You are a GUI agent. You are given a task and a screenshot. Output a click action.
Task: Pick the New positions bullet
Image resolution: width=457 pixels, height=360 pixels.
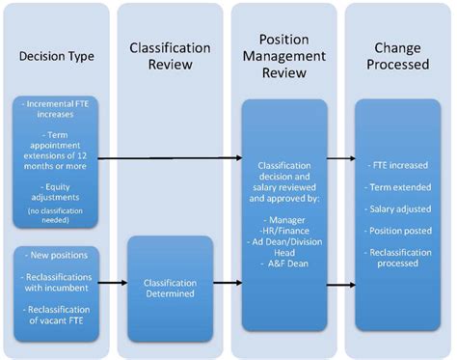[x=56, y=256]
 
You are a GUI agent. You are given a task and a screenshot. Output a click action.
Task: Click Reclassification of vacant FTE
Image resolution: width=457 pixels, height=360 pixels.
[x=56, y=315]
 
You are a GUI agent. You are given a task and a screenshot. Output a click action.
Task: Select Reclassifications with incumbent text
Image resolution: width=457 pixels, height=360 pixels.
[x=56, y=285]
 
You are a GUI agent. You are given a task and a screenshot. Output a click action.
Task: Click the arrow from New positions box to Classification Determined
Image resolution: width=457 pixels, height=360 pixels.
[x=114, y=285]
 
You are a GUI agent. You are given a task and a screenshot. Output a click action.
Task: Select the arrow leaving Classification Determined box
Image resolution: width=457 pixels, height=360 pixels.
[x=226, y=285]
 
